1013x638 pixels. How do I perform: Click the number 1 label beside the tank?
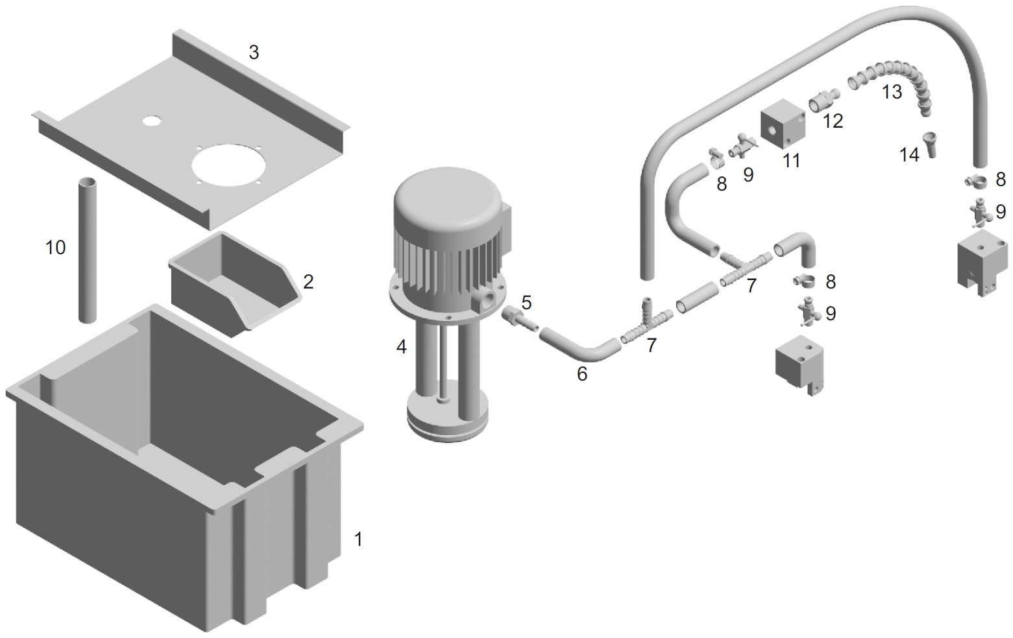(x=359, y=539)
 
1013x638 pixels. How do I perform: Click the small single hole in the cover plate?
(x=151, y=121)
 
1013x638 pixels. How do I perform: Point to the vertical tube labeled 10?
(x=88, y=250)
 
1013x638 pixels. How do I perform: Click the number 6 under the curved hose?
(x=582, y=373)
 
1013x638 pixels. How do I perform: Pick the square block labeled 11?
(x=783, y=124)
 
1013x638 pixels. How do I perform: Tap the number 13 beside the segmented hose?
(x=892, y=91)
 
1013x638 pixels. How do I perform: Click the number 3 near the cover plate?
(x=254, y=53)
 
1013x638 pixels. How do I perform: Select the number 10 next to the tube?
(x=55, y=247)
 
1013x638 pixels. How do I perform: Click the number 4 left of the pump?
(x=401, y=347)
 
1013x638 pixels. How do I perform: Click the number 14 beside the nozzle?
(x=909, y=155)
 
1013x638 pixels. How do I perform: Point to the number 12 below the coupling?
(x=833, y=121)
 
